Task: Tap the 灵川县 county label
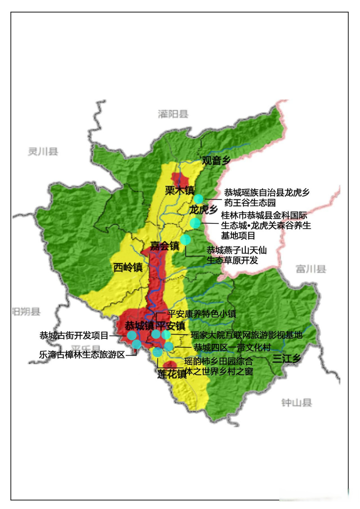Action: coord(43,152)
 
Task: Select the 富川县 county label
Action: coord(311,269)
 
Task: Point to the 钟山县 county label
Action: coord(296,403)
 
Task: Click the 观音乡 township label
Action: coord(216,161)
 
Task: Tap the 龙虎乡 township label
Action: coord(203,210)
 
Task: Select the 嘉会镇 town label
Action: coord(165,246)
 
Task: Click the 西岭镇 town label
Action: coord(128,268)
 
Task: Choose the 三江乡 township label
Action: coord(286,359)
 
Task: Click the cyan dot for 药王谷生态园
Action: coord(198,199)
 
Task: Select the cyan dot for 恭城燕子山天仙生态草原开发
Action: coord(185,239)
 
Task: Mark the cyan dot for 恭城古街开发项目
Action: coord(132,336)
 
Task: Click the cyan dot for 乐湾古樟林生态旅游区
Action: coord(136,344)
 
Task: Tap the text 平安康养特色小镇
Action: coord(202,314)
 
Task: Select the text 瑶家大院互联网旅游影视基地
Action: coord(246,335)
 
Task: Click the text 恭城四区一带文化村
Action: coord(232,348)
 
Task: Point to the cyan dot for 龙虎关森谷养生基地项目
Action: coord(195,223)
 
